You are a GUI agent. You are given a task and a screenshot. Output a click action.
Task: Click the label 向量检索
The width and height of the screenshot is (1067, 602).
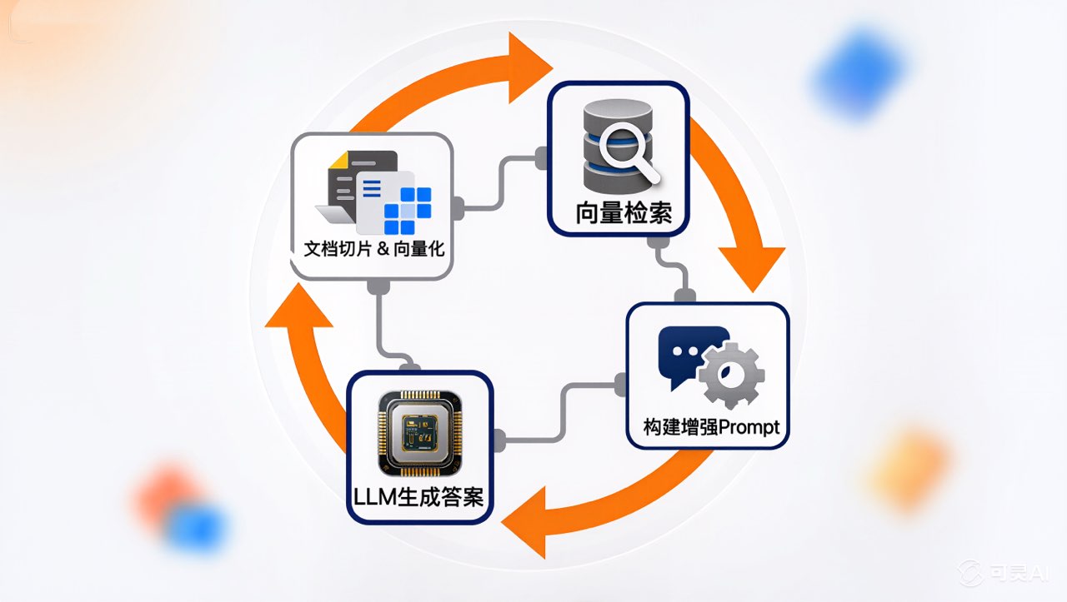click(623, 213)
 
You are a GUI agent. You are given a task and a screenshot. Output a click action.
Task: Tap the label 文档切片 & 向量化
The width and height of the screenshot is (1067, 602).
click(373, 247)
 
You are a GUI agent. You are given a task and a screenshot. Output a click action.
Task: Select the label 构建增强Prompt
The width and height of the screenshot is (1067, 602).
click(711, 427)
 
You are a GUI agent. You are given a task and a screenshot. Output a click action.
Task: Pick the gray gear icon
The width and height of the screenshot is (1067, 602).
click(731, 374)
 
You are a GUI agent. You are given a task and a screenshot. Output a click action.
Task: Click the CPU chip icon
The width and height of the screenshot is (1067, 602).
click(418, 430)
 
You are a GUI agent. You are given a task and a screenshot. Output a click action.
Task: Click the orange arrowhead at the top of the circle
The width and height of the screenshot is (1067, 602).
click(525, 67)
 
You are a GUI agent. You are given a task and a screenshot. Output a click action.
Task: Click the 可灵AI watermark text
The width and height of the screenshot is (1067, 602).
click(1004, 572)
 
